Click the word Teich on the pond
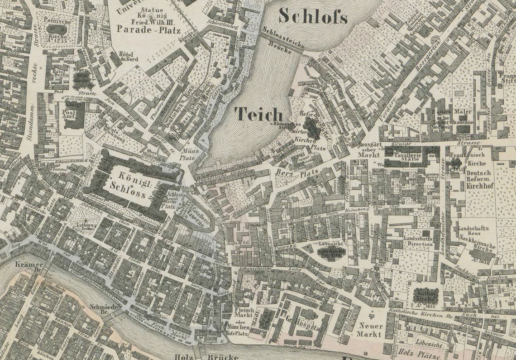pyautogui.click(x=258, y=115)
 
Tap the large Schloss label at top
pyautogui.click(x=313, y=16)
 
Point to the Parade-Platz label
pyautogui.click(x=148, y=30)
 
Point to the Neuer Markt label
pyautogui.click(x=371, y=330)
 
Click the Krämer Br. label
pyautogui.click(x=29, y=267)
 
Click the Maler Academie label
pyautogui.click(x=461, y=116)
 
